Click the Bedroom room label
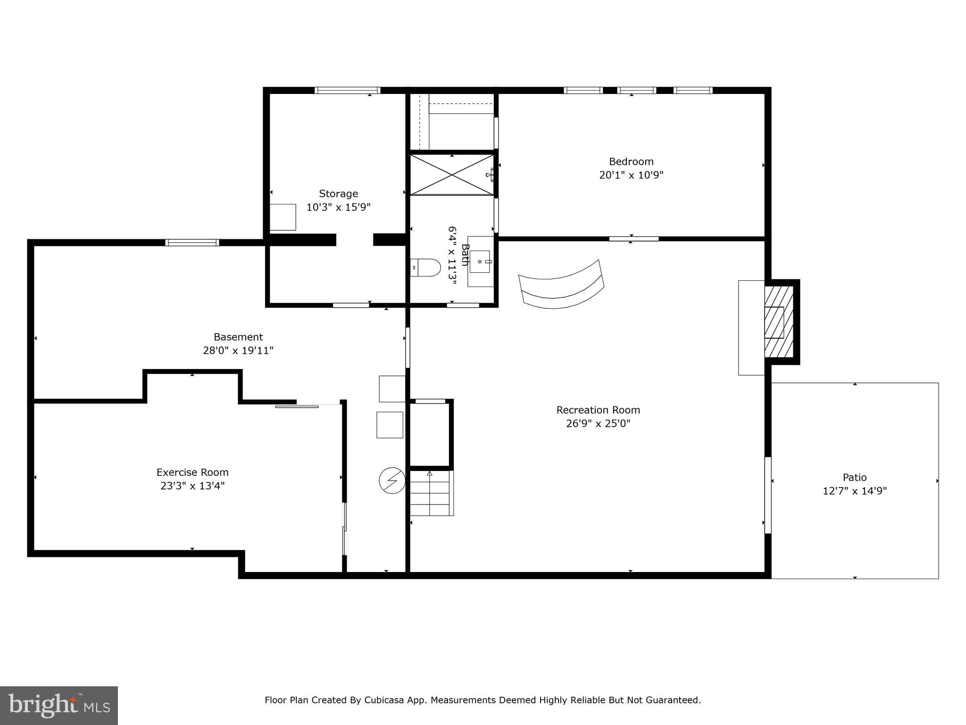point(631,161)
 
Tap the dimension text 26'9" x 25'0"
point(598,423)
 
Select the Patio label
point(854,477)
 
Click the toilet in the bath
point(426,268)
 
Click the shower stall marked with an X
point(452,175)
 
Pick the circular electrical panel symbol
point(392,481)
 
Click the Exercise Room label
point(192,472)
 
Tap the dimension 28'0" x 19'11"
point(238,350)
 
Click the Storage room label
point(338,194)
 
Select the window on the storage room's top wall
point(347,90)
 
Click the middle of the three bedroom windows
point(636,90)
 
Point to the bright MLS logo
point(58,705)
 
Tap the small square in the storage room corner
point(283,217)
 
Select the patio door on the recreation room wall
point(767,495)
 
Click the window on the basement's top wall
point(192,243)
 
